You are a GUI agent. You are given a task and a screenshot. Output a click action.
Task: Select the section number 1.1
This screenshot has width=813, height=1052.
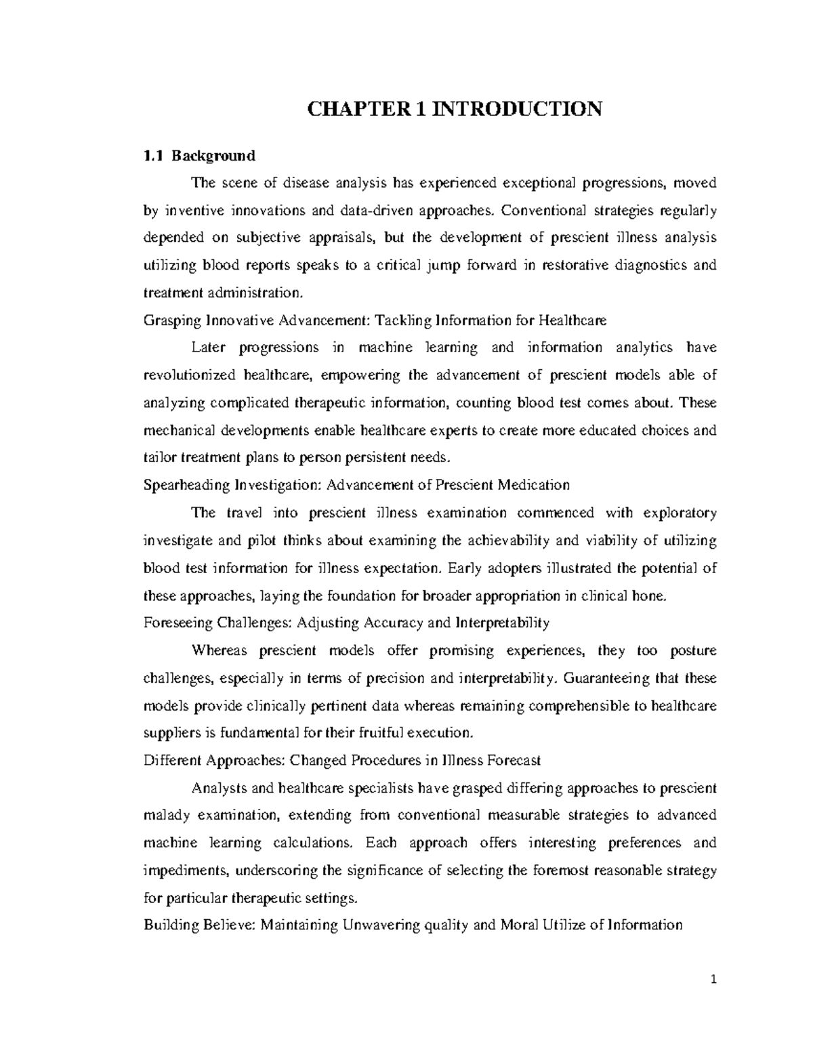pyautogui.click(x=153, y=156)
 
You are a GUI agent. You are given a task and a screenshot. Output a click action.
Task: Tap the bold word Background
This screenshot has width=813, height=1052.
pyautogui.click(x=213, y=156)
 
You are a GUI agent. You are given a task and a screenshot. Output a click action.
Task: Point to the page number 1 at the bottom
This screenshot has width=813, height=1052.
pyautogui.click(x=713, y=979)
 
